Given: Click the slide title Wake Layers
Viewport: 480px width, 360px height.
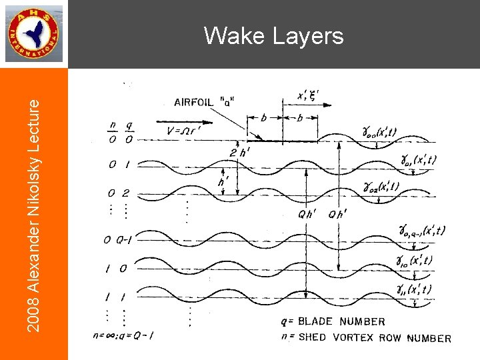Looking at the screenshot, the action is (x=274, y=35).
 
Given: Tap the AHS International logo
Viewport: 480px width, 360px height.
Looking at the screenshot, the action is (x=34, y=33).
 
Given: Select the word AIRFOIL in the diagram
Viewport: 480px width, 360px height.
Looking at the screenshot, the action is (x=195, y=102).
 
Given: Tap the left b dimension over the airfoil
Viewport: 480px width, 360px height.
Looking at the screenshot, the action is (x=264, y=117).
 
